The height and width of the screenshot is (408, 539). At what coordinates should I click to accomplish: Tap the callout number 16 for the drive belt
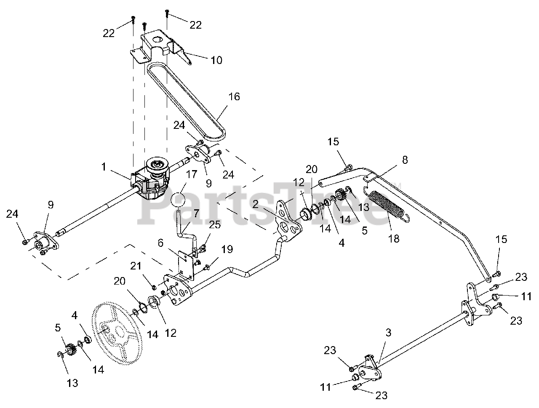pyautogui.click(x=234, y=96)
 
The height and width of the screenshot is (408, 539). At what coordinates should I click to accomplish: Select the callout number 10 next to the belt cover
pyautogui.click(x=216, y=60)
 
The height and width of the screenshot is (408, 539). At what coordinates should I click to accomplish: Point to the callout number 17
pyautogui.click(x=191, y=174)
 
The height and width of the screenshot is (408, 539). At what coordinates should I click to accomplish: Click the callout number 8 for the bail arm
pyautogui.click(x=405, y=160)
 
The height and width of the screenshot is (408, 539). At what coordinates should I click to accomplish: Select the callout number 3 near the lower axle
pyautogui.click(x=388, y=333)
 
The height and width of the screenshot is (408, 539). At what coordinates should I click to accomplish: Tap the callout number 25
pyautogui.click(x=214, y=225)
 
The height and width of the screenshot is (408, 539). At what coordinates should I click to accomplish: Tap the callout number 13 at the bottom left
pyautogui.click(x=72, y=383)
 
